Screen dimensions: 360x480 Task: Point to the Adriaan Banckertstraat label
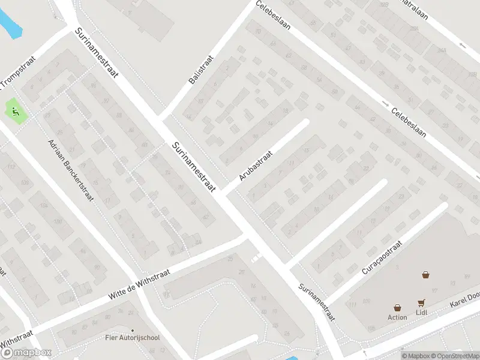pyautogui.click(x=71, y=170)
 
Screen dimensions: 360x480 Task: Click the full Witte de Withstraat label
pyautogui.click(x=139, y=285)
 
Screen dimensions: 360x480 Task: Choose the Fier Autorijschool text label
pyautogui.click(x=133, y=338)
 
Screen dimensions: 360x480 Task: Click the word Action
pyautogui.click(x=397, y=317)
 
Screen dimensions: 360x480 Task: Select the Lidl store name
pyautogui.click(x=421, y=313)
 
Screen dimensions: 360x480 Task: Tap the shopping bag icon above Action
pyautogui.click(x=397, y=307)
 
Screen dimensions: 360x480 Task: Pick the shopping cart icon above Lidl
pyautogui.click(x=421, y=303)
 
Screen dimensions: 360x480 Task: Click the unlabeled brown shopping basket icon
pyautogui.click(x=425, y=275)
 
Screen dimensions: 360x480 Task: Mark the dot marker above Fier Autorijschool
pyautogui.click(x=133, y=330)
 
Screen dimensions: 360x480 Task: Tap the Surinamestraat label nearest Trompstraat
pyautogui.click(x=97, y=54)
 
